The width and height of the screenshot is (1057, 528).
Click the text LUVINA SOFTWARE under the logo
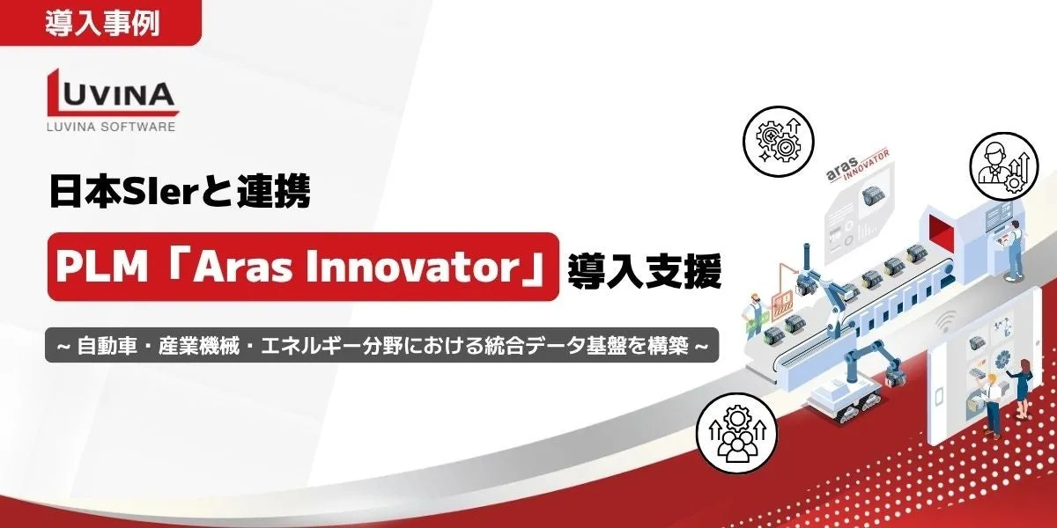(111, 127)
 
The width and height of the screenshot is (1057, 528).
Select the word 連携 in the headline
(274, 191)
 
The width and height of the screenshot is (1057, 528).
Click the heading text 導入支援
(644, 271)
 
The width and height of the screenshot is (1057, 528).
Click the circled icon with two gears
(779, 141)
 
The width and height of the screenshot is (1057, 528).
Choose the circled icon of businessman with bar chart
(1003, 166)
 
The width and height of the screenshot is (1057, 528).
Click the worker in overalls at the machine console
(1013, 250)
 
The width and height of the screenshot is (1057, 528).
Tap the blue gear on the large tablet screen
(1003, 362)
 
